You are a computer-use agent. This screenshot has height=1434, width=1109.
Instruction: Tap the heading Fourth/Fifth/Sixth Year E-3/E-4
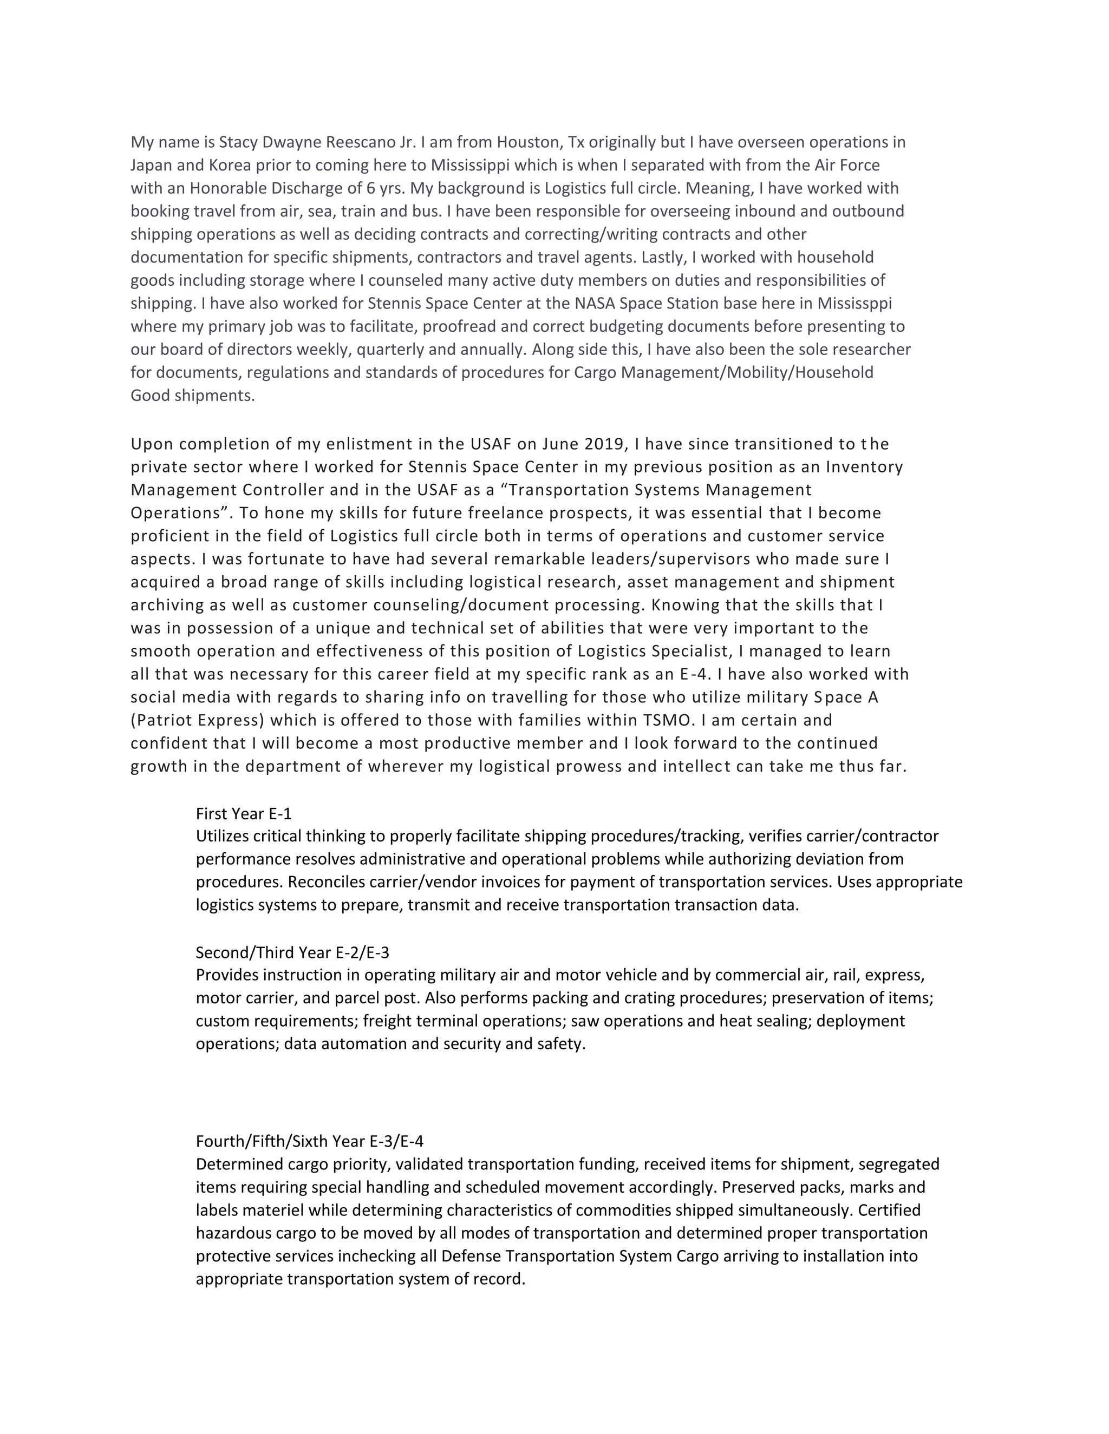[x=309, y=1141]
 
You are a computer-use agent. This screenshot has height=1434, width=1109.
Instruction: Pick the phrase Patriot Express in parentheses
[x=197, y=720]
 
